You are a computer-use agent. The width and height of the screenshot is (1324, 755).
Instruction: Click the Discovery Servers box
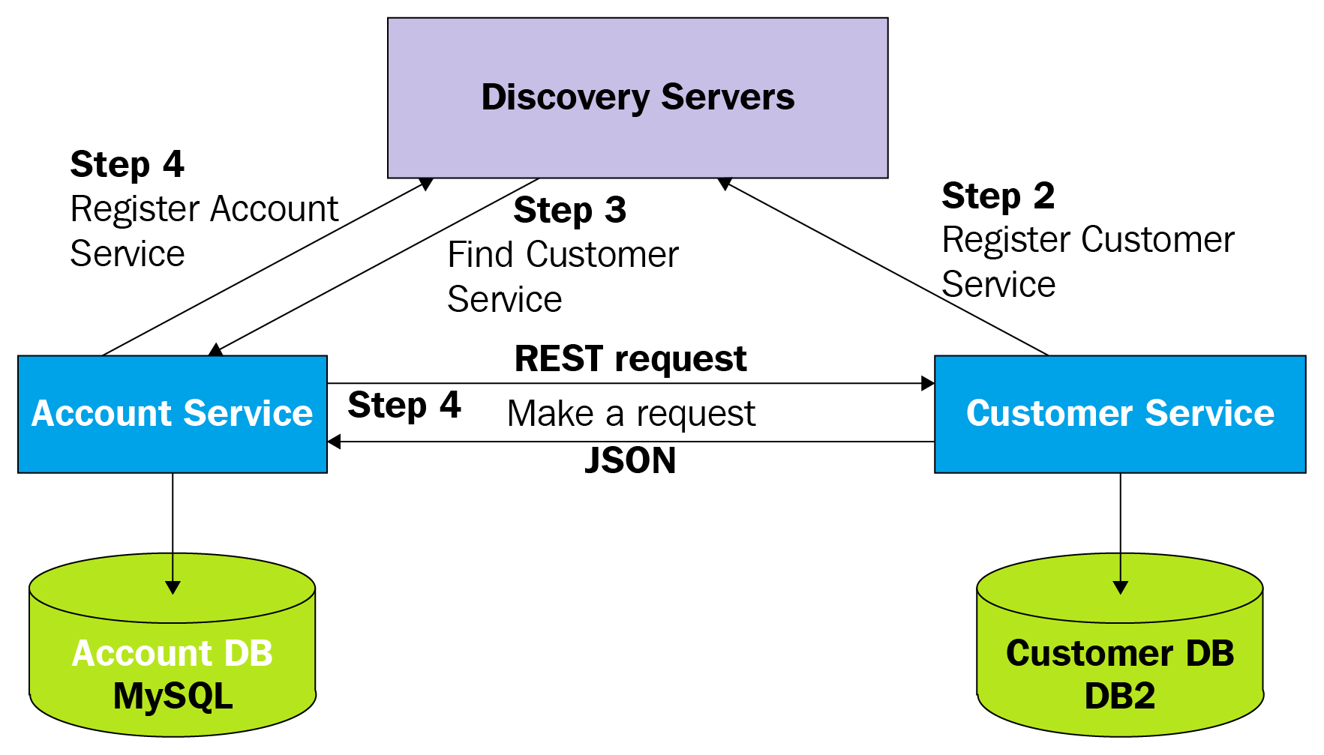point(638,97)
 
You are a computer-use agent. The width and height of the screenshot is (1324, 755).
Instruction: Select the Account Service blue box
point(172,414)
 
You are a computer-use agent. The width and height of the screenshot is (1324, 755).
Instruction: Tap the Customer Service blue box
point(1119,414)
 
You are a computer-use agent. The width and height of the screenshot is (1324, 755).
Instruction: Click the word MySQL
point(173,697)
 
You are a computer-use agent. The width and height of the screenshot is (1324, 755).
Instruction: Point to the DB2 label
point(1119,697)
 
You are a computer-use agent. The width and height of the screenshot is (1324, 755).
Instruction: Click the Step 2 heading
point(998,196)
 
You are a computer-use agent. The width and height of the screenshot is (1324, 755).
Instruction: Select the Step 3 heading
point(569,211)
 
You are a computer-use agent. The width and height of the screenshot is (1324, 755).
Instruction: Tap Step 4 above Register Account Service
point(127,165)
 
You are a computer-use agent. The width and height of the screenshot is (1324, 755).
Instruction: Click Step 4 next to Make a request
point(404,406)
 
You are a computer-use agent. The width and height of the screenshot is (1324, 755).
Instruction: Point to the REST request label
point(630,359)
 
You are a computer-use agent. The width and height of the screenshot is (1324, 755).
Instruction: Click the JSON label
point(630,460)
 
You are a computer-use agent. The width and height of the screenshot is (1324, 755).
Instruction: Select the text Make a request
point(631,414)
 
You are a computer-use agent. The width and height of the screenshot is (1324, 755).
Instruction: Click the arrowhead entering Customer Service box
point(928,384)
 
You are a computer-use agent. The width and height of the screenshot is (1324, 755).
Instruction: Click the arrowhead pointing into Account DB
point(173,588)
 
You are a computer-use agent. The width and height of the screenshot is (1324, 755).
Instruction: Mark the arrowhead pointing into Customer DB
point(1120,588)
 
